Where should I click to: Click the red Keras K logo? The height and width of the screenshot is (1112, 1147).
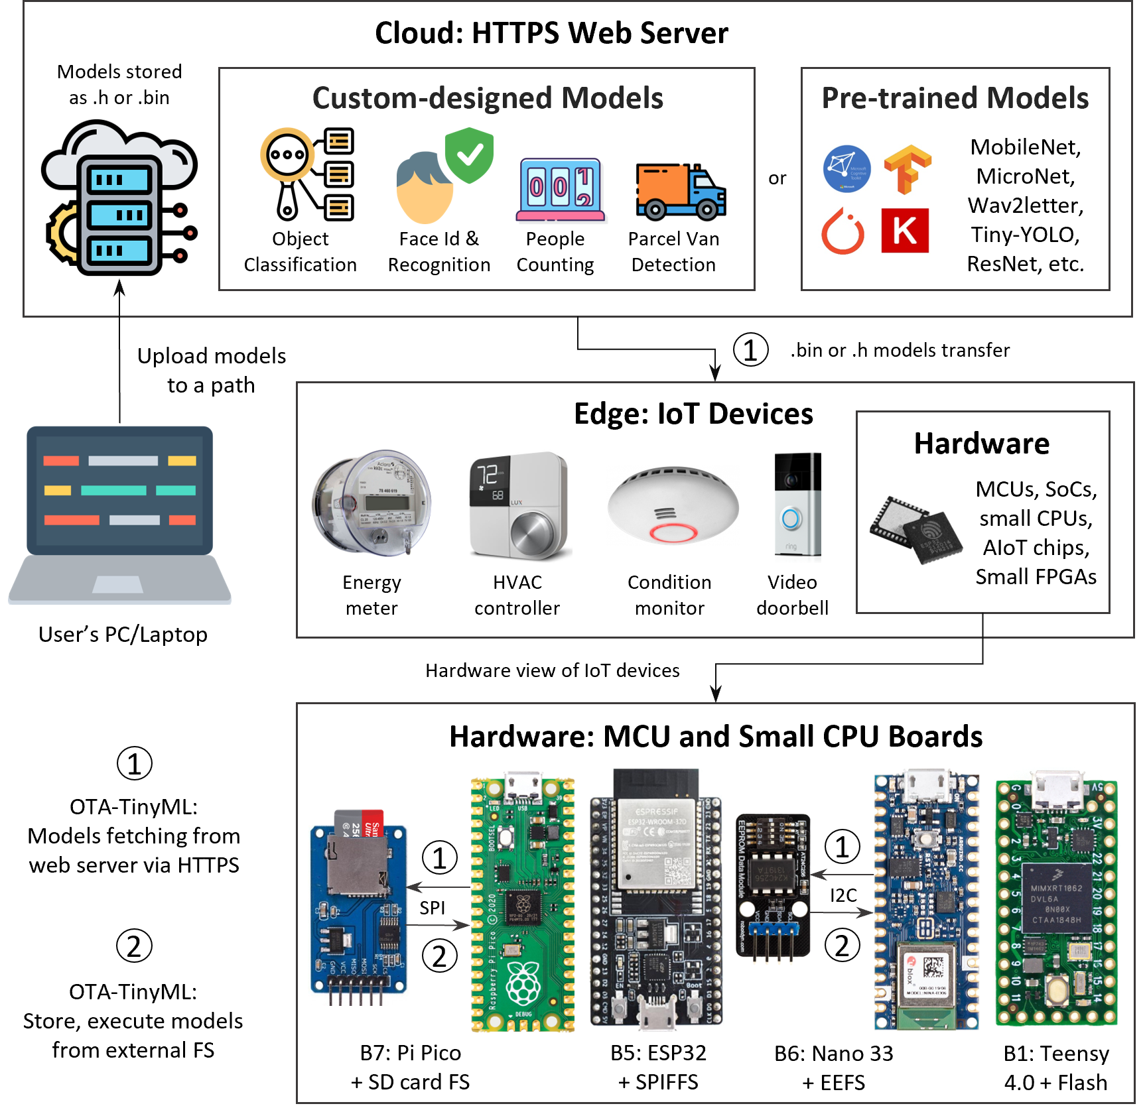point(904,230)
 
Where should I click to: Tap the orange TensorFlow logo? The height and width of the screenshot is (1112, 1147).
point(907,169)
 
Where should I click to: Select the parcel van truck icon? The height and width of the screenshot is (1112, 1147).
point(680,192)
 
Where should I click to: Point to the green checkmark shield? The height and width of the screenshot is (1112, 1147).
point(469,154)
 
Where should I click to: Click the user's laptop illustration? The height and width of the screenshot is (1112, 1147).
point(119,515)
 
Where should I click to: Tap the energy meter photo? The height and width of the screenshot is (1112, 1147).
point(371,503)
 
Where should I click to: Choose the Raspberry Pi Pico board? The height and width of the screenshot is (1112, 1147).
point(522,904)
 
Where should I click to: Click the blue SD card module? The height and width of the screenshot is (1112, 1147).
point(359,908)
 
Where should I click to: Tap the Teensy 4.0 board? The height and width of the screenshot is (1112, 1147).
point(1056,902)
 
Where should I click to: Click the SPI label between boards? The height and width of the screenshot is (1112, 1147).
point(432,908)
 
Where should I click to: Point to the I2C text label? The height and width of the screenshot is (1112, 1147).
point(843,895)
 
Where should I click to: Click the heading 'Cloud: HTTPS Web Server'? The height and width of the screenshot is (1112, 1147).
point(551,33)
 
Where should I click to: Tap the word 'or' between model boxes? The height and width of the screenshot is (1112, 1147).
point(777,178)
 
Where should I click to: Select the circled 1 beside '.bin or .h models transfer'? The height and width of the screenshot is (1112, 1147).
point(750,350)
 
